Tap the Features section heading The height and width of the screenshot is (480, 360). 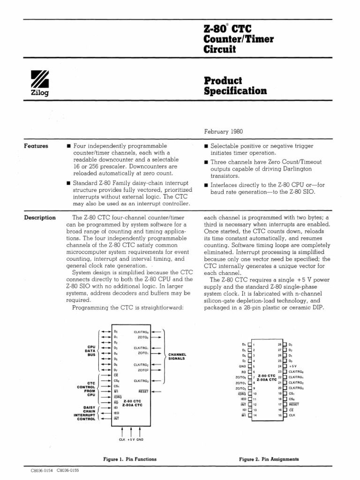[x=36, y=146]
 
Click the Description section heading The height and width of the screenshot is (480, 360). [x=40, y=217]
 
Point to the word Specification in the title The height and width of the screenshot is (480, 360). [x=235, y=91]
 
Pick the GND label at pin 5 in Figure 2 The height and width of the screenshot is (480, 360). [x=242, y=367]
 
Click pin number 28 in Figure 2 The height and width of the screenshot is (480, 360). [x=279, y=344]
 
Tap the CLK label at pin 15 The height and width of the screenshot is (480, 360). [x=292, y=415]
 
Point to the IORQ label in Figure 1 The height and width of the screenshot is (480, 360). [x=117, y=397]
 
